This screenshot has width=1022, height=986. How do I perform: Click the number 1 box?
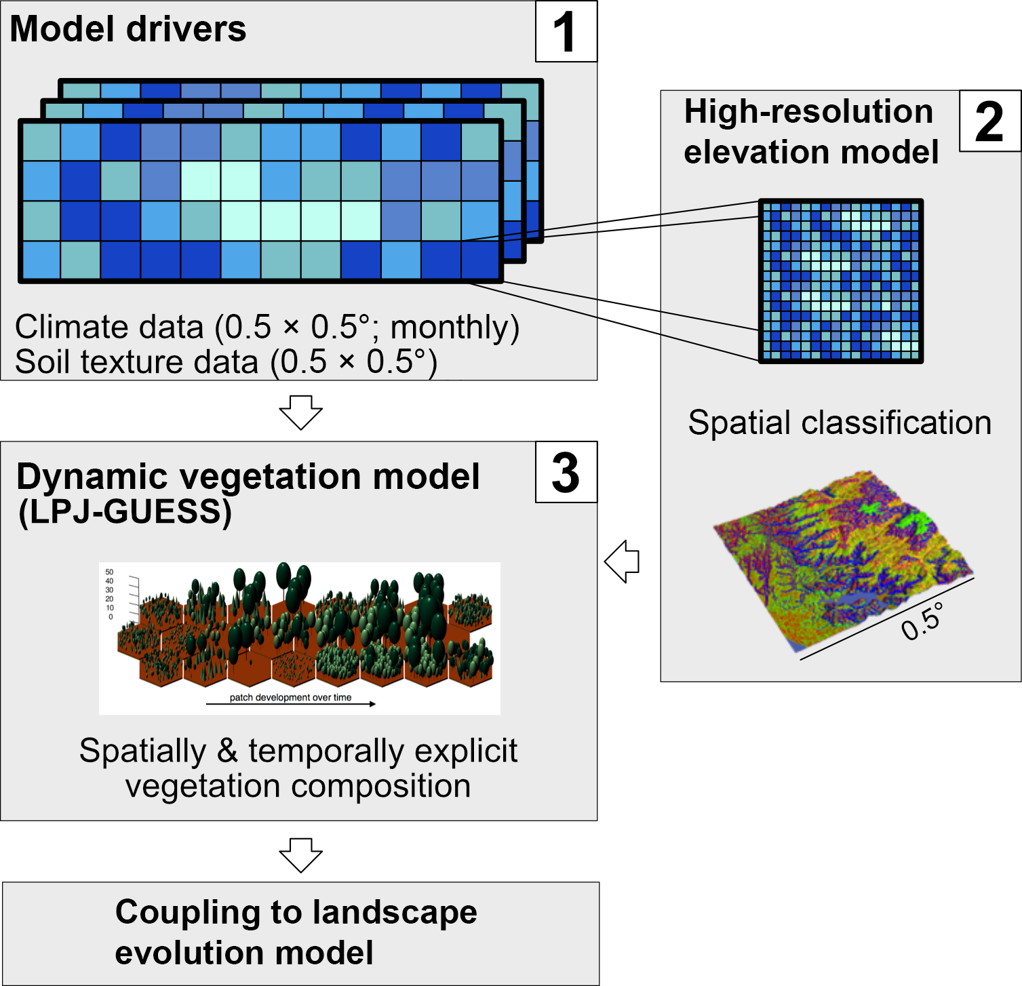[566, 32]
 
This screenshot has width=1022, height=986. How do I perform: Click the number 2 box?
[989, 121]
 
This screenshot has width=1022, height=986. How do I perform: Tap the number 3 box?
[566, 473]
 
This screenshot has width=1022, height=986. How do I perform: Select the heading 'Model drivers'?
[128, 29]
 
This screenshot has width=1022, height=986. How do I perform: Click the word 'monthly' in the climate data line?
[454, 328]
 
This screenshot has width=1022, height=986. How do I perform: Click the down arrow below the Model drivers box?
[300, 411]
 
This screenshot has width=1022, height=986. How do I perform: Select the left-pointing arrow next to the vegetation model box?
[623, 561]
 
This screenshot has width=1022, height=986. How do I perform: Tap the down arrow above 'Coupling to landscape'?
[300, 854]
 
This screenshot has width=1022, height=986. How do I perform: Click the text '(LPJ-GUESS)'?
[125, 512]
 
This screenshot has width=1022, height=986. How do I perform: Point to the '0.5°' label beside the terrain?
[922, 621]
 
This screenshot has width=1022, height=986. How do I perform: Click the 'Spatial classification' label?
[840, 422]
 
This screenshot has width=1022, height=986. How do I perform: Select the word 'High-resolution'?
[808, 112]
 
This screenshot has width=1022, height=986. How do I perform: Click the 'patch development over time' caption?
[290, 697]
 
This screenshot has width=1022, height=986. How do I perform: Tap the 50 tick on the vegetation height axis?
[110, 572]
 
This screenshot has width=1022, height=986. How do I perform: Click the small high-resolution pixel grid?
[840, 281]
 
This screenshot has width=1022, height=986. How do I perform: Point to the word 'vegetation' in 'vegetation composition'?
[203, 787]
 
